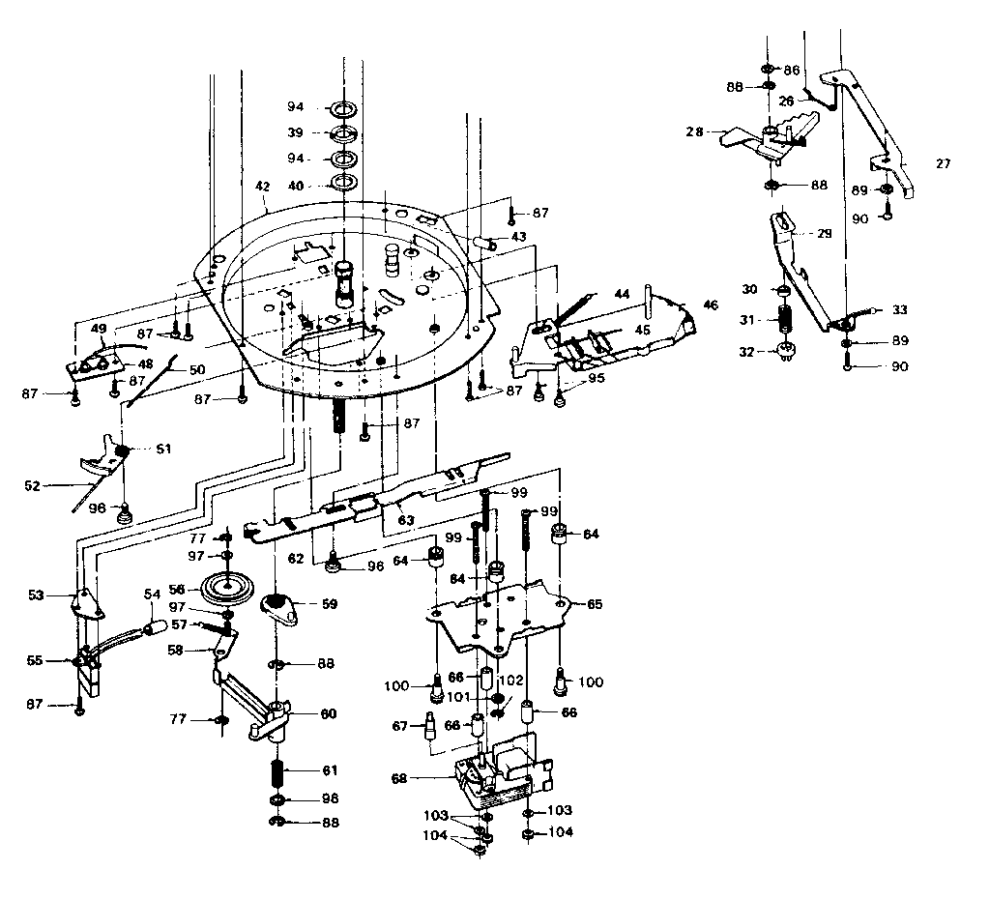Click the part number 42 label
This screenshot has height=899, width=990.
pos(261,186)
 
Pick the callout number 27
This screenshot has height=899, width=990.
pos(943,164)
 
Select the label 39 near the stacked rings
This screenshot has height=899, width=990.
pos(295,132)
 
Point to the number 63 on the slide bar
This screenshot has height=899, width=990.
pos(406,520)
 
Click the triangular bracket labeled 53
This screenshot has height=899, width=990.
pos(89,602)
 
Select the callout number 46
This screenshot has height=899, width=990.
pos(711,304)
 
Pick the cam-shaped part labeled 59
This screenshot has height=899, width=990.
pos(279,606)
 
